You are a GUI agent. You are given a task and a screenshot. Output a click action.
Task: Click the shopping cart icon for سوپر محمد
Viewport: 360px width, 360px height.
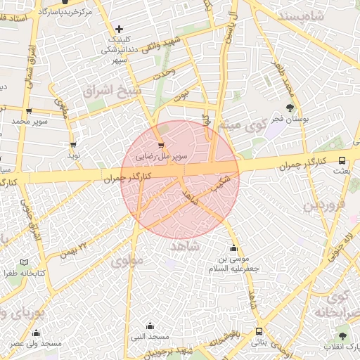point(28,110)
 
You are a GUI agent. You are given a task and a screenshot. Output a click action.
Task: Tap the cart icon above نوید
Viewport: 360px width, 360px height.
point(73,144)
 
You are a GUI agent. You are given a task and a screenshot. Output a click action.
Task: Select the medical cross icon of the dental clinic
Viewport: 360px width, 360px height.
point(119,30)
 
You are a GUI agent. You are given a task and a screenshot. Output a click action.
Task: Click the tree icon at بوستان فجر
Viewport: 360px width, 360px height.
point(290,108)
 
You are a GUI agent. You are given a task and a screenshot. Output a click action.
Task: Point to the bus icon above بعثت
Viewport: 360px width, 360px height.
point(342,160)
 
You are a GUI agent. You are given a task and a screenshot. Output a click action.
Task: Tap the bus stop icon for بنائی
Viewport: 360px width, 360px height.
point(259,330)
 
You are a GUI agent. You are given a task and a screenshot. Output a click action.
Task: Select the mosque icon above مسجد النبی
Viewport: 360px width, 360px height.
point(150,326)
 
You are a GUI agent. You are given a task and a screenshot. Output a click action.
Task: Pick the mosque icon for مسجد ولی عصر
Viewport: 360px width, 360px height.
point(37,333)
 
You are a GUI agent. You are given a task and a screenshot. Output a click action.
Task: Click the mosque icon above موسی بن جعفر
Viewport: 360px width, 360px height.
point(233,248)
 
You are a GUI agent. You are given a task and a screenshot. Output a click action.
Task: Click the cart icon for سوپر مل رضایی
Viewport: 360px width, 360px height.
point(162,146)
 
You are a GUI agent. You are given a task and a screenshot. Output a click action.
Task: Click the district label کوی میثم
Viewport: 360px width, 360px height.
point(236,125)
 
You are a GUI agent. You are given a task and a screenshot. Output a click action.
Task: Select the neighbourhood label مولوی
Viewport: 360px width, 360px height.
point(126,261)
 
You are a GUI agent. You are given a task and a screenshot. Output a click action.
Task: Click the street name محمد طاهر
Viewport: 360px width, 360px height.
point(288,84)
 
